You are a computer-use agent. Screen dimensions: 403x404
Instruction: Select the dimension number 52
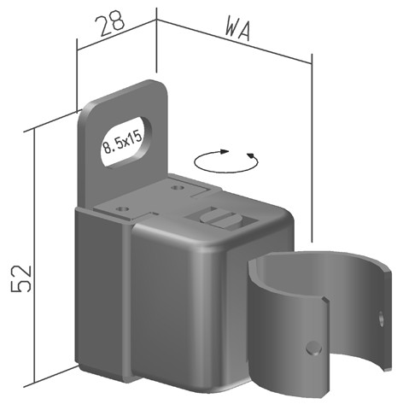tap(20, 278)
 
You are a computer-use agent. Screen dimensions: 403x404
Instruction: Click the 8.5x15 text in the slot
tap(122, 143)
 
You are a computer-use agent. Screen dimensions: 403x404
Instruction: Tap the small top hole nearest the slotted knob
tap(178, 188)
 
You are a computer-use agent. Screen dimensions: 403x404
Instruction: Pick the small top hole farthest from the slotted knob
tap(123, 208)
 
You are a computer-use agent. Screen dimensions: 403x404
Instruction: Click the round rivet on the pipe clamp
tap(313, 348)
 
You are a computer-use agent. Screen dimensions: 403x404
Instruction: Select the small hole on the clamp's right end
tap(381, 319)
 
